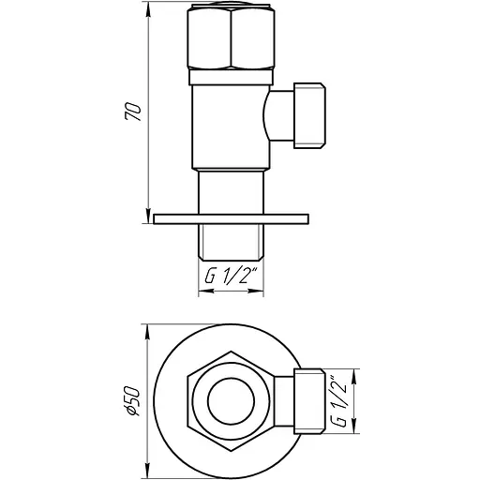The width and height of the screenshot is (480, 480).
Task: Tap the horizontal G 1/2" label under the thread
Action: tap(232, 277)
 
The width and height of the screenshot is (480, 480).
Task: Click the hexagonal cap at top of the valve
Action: tap(232, 40)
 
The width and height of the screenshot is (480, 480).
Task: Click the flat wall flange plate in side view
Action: tap(232, 219)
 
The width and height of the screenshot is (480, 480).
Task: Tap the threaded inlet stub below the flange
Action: tap(232, 242)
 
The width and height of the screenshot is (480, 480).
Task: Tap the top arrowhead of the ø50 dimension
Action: tap(150, 326)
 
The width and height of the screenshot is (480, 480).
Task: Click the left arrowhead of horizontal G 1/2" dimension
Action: tap(203, 291)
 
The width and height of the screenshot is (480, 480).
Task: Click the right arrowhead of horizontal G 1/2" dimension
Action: tap(262, 291)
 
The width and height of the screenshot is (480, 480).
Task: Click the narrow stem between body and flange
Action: tap(232, 192)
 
